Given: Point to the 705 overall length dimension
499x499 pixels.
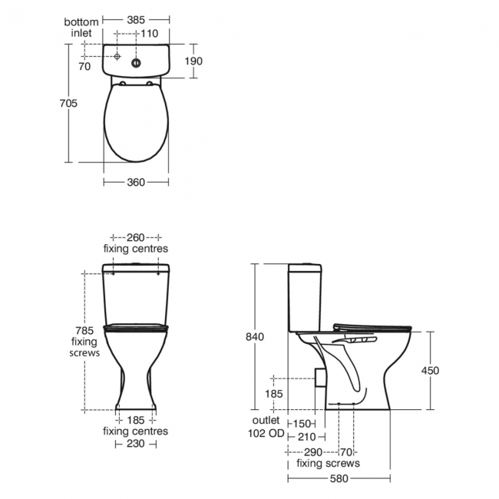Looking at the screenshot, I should (x=69, y=103).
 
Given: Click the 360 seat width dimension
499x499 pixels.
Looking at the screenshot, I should (x=135, y=182).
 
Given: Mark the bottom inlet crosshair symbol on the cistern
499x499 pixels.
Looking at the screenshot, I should (x=116, y=57).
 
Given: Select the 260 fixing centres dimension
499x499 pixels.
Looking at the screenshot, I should (x=136, y=237).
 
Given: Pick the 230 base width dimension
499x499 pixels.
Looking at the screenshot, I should (x=136, y=443).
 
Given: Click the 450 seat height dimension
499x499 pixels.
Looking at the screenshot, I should (x=431, y=370).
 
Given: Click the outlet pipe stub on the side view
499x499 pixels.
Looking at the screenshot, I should (x=320, y=378).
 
